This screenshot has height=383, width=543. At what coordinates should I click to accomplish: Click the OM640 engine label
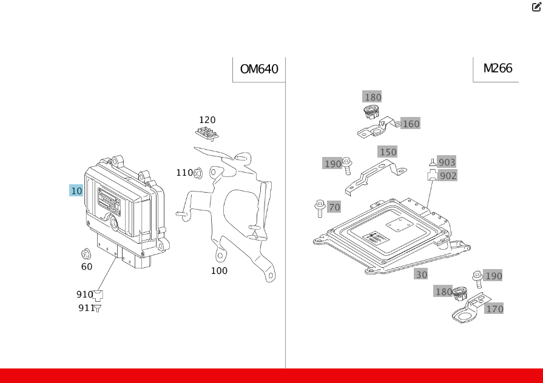[259, 69]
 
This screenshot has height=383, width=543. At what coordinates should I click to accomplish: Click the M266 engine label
[497, 68]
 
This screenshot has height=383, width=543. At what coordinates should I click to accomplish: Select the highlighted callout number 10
[76, 191]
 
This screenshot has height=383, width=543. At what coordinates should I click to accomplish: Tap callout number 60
[87, 267]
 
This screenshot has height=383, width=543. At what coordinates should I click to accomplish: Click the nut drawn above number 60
[86, 253]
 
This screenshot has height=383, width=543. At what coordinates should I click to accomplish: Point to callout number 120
[207, 120]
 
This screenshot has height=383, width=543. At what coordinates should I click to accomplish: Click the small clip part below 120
[207, 133]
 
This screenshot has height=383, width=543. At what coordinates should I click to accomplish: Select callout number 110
[184, 173]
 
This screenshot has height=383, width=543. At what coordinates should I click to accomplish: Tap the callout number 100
[219, 271]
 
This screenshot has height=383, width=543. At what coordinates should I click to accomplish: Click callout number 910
[84, 295]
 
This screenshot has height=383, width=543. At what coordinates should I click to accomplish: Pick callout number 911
[86, 308]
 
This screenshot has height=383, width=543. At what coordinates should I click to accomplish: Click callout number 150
[387, 152]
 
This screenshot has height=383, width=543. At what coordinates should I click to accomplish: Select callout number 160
[411, 124]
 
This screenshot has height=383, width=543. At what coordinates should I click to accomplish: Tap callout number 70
[334, 207]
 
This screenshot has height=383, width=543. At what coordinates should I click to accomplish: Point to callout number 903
[447, 162]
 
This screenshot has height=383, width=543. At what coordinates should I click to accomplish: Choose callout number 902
[448, 176]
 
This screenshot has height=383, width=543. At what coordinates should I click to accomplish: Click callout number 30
[421, 275]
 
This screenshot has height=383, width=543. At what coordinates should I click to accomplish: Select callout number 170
[494, 309]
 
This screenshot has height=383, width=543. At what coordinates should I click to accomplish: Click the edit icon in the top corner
[536, 7]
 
